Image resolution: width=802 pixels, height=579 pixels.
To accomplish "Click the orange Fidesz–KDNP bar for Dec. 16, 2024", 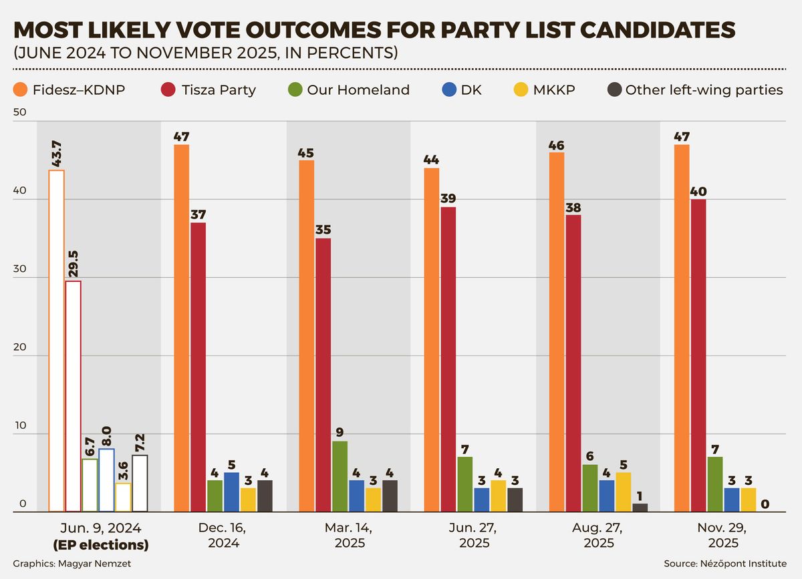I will tap(181, 328).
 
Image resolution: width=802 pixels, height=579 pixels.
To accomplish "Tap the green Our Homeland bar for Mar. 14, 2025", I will tap(340, 476).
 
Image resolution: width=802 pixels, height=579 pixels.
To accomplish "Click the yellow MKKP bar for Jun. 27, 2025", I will tap(499, 496).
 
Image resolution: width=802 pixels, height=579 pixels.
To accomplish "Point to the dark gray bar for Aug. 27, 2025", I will tap(640, 508).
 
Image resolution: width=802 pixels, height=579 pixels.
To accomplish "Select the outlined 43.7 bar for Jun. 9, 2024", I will tap(56, 341).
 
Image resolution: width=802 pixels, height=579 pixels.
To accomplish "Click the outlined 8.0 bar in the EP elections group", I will tap(106, 480).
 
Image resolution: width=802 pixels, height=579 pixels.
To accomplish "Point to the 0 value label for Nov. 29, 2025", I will tap(765, 504).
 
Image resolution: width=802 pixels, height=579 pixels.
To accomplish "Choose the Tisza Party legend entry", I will tap(209, 89).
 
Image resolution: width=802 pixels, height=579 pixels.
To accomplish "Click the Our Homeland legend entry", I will tap(349, 89).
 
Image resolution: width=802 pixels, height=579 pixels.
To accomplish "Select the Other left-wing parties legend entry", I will tap(695, 89).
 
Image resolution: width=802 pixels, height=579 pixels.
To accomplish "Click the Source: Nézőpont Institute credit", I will tap(725, 564).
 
